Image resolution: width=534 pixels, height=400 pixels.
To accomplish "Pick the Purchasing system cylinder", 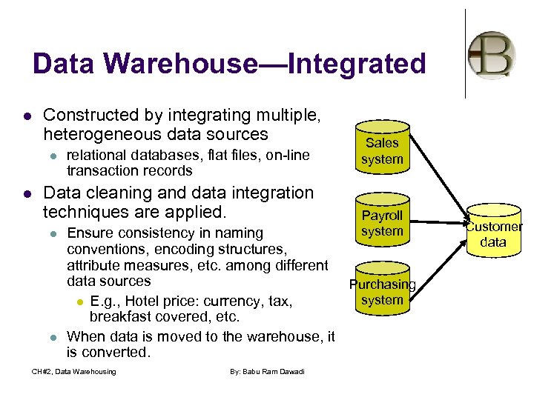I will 382,291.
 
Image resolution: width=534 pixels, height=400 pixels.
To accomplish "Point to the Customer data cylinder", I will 493,233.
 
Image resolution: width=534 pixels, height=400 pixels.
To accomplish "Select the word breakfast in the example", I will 120,317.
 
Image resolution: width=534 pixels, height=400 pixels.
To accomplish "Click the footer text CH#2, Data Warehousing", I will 73,371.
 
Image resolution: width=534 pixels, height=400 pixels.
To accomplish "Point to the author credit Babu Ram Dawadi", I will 269,371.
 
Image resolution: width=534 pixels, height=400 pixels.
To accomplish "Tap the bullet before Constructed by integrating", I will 27,116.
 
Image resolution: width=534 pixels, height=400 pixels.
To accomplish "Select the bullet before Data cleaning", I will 27,194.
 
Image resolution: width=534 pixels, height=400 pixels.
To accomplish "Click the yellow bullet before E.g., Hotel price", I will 79,302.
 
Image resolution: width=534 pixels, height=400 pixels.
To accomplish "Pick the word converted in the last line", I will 119,353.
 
